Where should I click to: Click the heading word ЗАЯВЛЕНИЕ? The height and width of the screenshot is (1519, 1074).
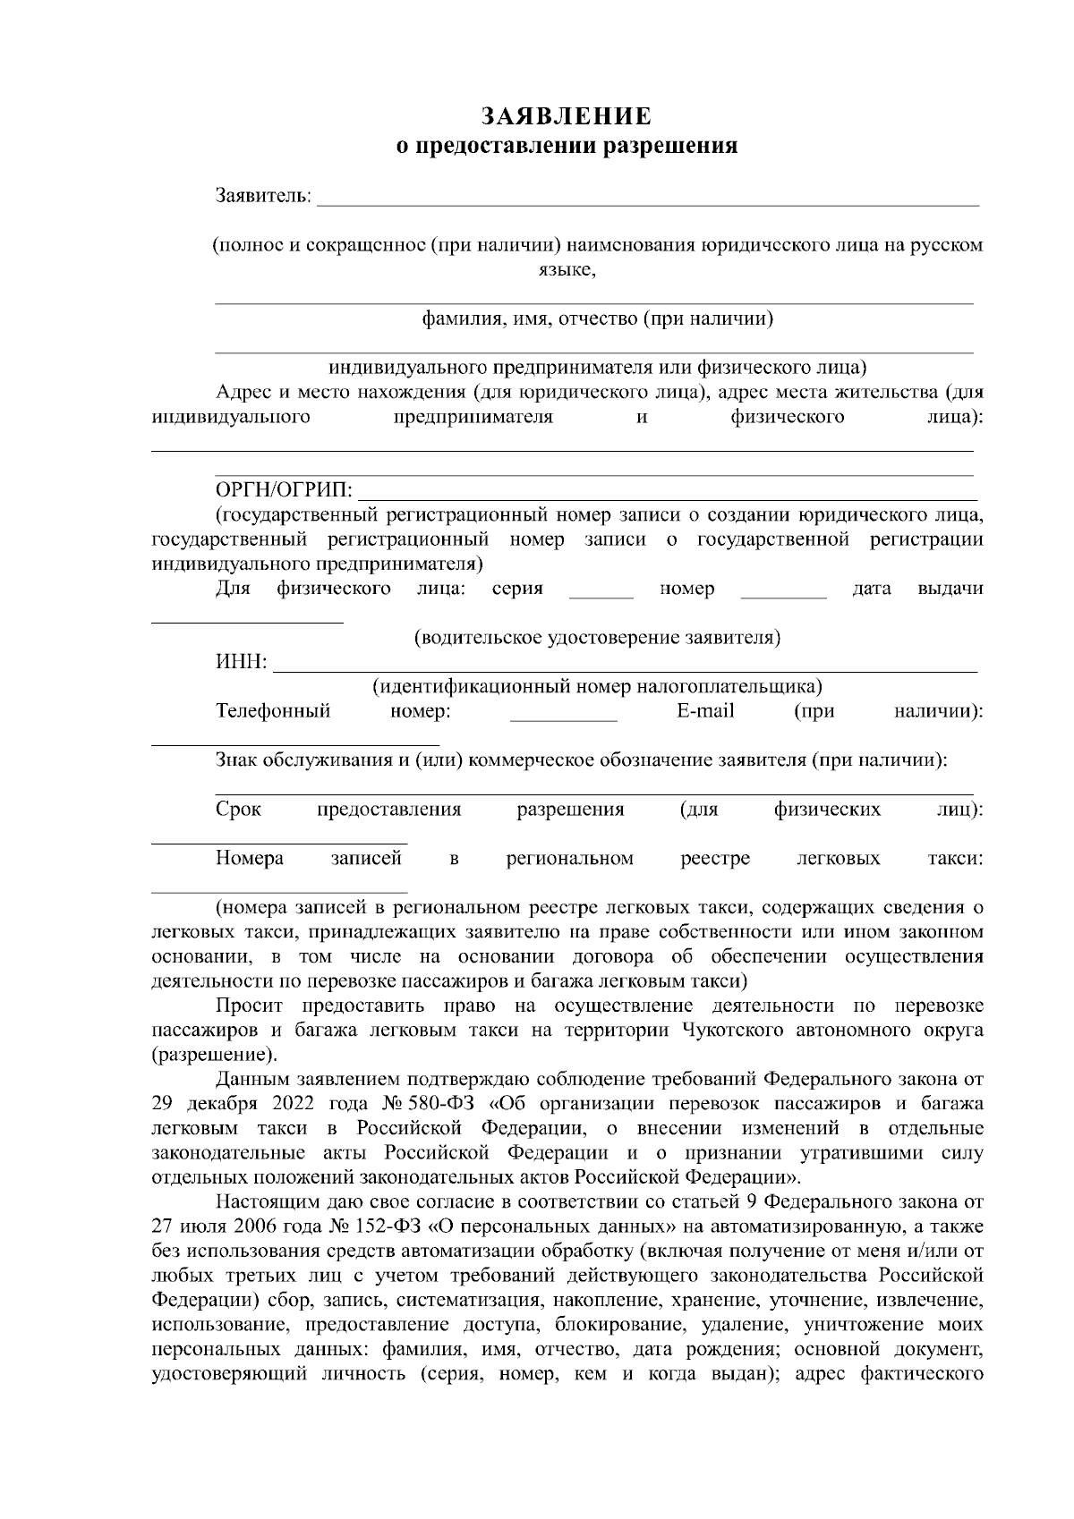[567, 117]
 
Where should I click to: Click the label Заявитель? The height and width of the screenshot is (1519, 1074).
[264, 195]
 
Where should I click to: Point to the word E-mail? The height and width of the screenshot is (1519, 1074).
[705, 711]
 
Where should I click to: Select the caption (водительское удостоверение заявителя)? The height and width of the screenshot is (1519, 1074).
[597, 638]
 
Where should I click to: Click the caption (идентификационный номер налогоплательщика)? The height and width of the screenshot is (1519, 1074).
[597, 687]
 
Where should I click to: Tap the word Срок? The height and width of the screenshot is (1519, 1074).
[239, 810]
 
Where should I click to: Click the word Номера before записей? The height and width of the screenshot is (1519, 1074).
[250, 859]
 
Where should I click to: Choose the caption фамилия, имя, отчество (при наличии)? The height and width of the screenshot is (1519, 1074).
[597, 318]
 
